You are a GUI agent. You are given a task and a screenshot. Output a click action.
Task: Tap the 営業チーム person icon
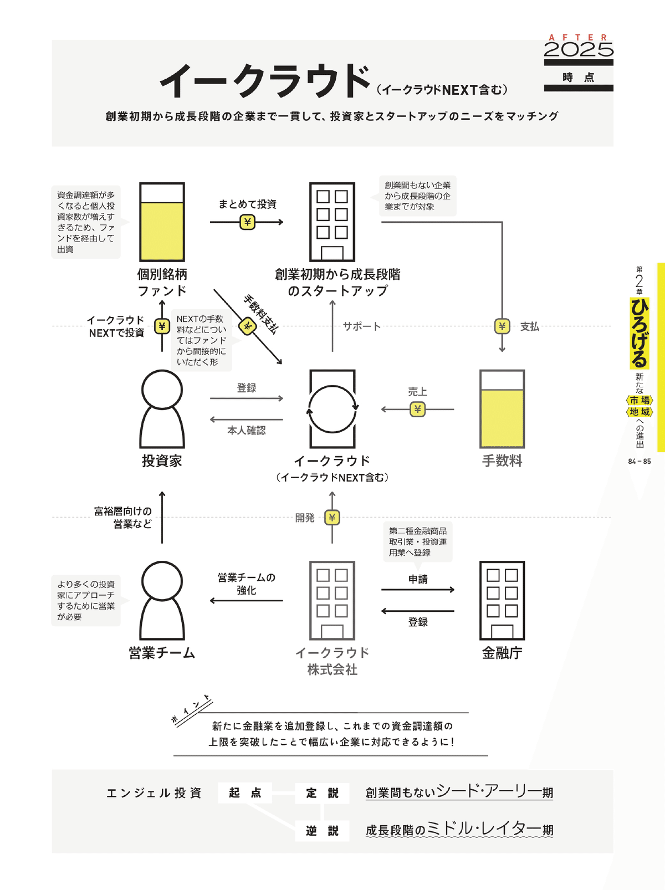162,601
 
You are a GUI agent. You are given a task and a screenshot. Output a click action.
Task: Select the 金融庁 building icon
502,601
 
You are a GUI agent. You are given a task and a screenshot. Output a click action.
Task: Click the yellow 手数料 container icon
502,409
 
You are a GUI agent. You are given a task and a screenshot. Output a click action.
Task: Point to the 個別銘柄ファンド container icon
162,222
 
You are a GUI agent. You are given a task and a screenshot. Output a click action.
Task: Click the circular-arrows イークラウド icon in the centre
332,409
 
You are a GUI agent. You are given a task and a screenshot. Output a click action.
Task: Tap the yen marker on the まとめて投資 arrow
247,222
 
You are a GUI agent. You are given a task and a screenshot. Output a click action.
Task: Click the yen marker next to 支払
502,326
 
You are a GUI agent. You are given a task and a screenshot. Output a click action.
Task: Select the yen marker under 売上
417,410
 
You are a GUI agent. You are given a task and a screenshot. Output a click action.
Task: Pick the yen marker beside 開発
332,518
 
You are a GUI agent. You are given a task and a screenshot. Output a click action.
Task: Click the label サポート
361,326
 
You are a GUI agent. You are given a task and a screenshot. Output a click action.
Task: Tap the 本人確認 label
247,431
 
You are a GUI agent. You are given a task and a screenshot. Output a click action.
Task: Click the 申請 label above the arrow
418,579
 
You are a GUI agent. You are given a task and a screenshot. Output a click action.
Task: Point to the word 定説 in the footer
322,793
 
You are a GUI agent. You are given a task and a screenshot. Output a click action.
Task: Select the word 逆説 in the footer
322,831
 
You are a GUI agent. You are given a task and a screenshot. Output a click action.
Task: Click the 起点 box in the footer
245,793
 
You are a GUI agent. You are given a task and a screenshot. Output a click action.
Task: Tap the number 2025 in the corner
579,50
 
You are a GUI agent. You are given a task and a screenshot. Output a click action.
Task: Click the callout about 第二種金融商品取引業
418,542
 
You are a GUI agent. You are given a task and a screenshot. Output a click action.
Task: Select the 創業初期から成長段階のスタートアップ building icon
332,222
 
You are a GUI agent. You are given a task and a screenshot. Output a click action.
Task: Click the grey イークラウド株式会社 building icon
332,601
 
